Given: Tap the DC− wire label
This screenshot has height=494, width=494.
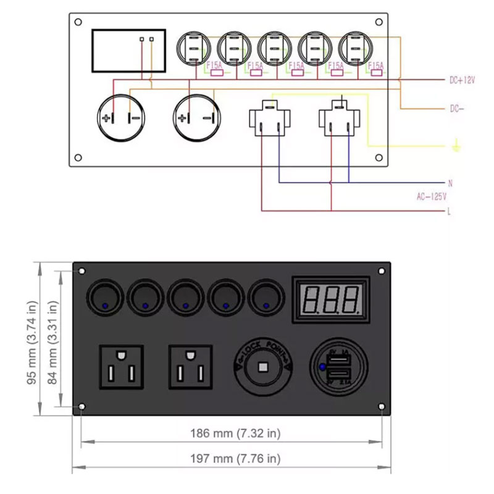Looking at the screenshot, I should [457, 108].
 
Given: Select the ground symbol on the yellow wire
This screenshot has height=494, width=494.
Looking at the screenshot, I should [455, 146].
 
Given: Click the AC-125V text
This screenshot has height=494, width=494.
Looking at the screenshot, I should [432, 196].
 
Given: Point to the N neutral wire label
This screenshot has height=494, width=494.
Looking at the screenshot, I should [450, 183].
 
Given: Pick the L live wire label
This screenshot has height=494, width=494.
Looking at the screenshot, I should [450, 212].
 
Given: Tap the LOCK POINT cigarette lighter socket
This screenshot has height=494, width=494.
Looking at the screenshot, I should [263, 368].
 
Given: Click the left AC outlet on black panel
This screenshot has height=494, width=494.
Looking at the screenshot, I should [122, 368].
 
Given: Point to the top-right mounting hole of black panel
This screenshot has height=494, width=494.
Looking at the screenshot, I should [381, 271].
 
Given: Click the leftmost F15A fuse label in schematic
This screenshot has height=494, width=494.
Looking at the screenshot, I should [214, 65].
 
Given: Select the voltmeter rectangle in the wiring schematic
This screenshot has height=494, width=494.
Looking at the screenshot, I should [128, 50].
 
